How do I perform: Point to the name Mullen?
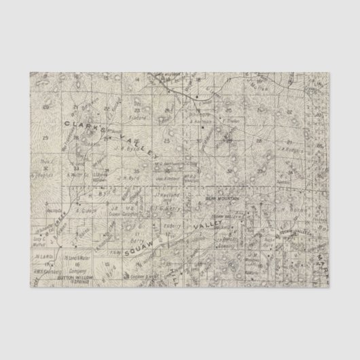278,88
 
